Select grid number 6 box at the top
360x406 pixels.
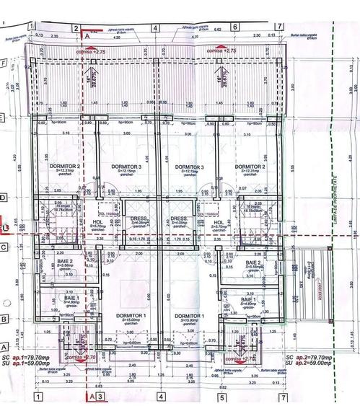[x=235, y=27]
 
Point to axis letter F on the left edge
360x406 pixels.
[x=5, y=62]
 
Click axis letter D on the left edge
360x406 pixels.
[x=5, y=197]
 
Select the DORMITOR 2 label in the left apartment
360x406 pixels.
[x=53, y=167]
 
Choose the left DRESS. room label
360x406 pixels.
[x=139, y=219]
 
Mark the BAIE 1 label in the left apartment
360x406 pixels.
[x=71, y=298]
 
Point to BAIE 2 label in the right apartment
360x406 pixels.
[x=254, y=262]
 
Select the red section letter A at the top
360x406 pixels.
[x=88, y=34]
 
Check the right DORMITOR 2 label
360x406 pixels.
[x=249, y=167]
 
